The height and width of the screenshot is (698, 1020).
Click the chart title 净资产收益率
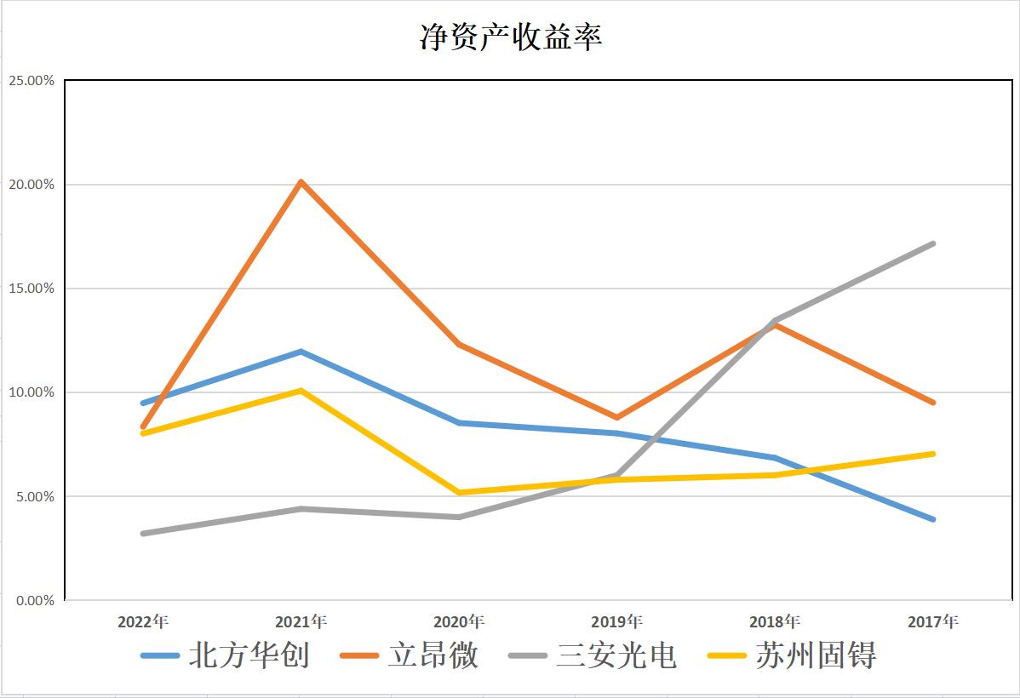[511, 37]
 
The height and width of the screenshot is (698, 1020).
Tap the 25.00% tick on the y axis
[31, 81]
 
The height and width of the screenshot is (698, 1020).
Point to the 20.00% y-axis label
[31, 185]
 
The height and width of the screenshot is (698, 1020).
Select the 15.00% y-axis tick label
[31, 289]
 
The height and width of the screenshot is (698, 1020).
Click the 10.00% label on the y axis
[31, 392]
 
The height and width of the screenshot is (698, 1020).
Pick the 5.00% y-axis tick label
[34, 496]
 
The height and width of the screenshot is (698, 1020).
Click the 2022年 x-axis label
[143, 621]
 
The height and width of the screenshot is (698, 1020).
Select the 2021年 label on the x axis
[301, 621]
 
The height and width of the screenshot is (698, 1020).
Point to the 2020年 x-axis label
[459, 621]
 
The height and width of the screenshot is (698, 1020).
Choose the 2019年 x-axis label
[616, 621]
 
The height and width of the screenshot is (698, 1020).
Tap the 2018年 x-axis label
[775, 621]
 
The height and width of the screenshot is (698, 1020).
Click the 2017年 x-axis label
[932, 621]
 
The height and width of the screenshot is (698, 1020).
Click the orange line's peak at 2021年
[301, 181]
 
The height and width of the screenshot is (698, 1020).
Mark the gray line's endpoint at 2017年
[932, 243]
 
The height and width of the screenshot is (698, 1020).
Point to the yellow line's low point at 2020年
[459, 492]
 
